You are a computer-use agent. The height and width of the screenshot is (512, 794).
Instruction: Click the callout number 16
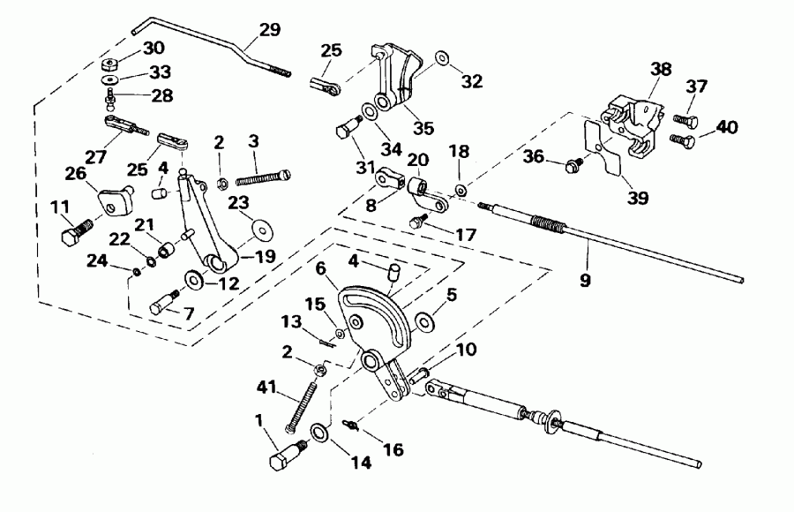tap(392, 450)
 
